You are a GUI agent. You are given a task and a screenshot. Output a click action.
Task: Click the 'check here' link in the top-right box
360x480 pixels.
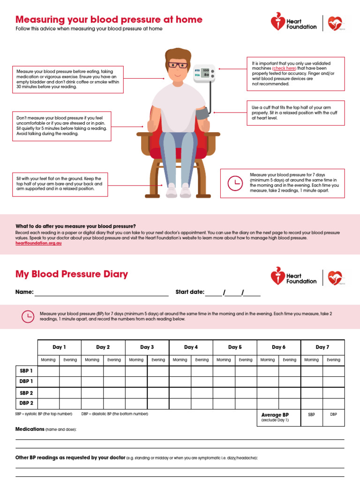pos(284,68)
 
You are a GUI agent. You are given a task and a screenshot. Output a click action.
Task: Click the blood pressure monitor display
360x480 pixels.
pos(202,72)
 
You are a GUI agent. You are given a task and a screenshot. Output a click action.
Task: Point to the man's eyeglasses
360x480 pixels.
pos(178,65)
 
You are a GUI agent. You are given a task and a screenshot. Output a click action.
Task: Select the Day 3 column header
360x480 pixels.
pos(147,347)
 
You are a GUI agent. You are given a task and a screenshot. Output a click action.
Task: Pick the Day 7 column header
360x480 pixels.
pos(322,347)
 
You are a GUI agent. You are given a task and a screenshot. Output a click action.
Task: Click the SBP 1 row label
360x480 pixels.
pos(26,371)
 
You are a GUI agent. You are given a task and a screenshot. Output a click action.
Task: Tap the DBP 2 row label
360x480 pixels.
pos(26,403)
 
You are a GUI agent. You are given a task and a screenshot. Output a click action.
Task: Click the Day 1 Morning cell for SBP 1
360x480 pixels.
pos(48,371)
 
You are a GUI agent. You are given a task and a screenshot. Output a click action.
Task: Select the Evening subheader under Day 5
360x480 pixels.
pos(246,360)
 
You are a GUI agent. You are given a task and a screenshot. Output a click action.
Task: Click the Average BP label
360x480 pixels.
pos(275,415)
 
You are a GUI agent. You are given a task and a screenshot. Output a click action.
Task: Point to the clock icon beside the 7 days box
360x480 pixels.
pos(235,183)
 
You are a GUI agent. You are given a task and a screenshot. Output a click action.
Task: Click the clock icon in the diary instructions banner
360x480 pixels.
pos(28,316)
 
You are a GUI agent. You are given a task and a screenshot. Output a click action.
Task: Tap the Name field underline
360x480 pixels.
pos(101,295)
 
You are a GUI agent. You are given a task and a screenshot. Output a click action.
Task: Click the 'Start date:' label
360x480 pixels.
pos(190,292)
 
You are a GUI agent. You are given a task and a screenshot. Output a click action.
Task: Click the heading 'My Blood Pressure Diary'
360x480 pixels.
pos(72,274)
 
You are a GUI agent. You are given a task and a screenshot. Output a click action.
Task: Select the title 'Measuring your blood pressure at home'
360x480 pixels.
pos(109,20)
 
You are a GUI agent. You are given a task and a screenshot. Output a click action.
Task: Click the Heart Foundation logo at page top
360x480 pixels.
pos(294,23)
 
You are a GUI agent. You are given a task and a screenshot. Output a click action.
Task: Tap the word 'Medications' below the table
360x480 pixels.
pos(30,429)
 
